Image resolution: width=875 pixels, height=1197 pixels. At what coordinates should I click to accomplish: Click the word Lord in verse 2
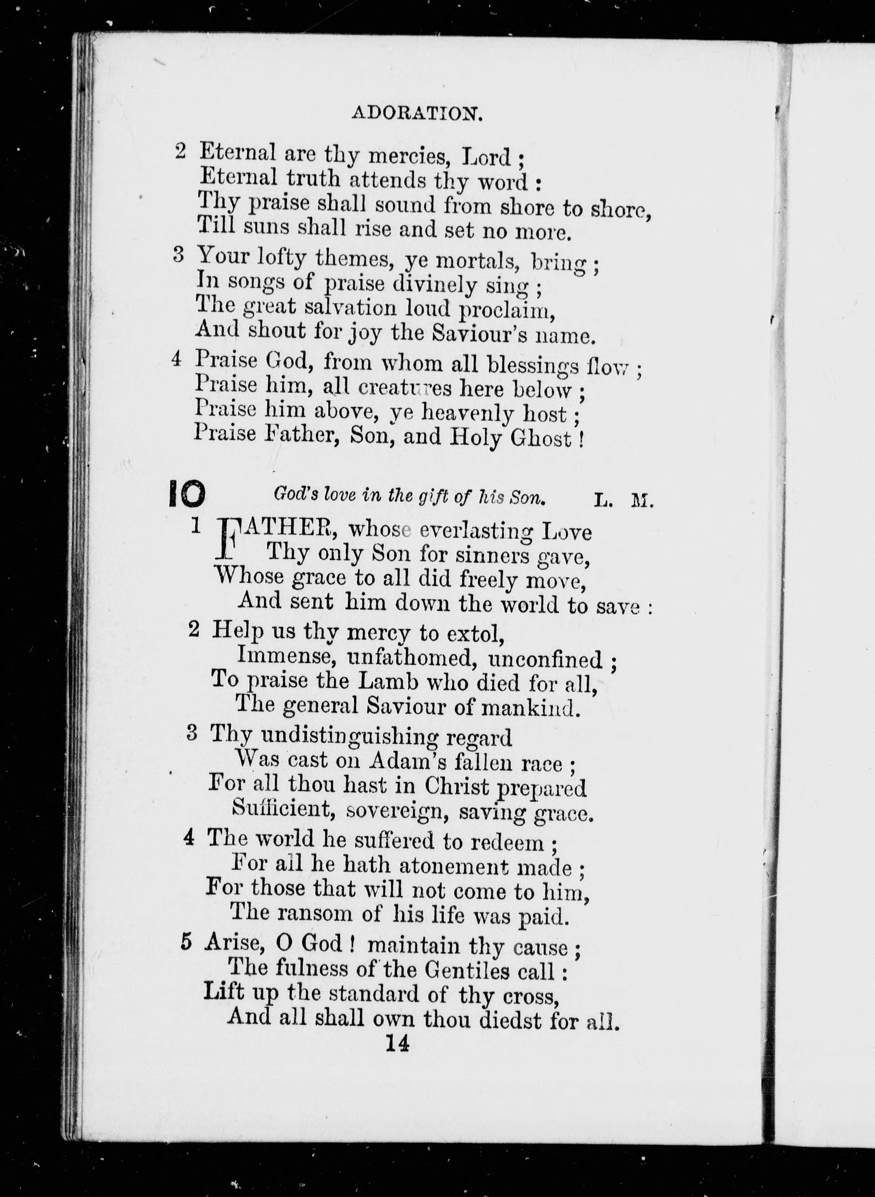point(486,156)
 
